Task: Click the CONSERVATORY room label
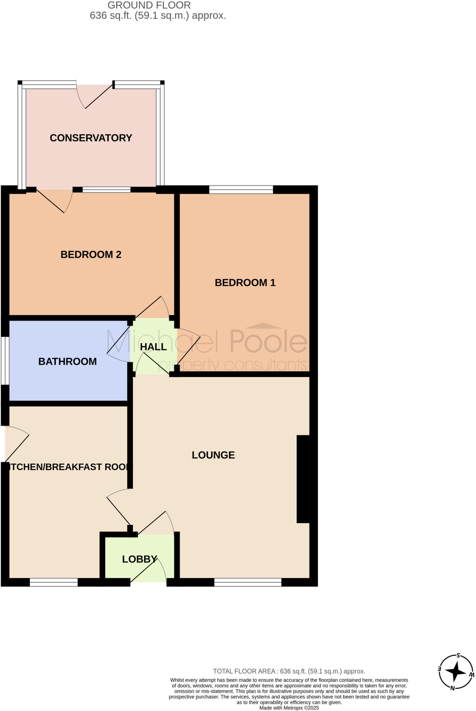[x=91, y=138]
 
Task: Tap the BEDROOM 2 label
[x=91, y=254]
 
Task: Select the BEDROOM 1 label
[x=245, y=283]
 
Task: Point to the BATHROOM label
[x=67, y=361]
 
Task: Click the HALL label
[x=153, y=346]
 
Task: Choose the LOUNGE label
[x=213, y=455]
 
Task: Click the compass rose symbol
[x=456, y=672]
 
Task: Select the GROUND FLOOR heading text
[x=149, y=5]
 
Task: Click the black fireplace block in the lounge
[x=303, y=479]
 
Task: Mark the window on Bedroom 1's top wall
[x=241, y=190]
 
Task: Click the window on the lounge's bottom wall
[x=248, y=582]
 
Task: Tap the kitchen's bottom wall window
[x=54, y=582]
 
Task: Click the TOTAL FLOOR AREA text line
[x=289, y=671]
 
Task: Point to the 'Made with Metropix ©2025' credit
[x=289, y=708]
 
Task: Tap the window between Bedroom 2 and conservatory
[x=107, y=190]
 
